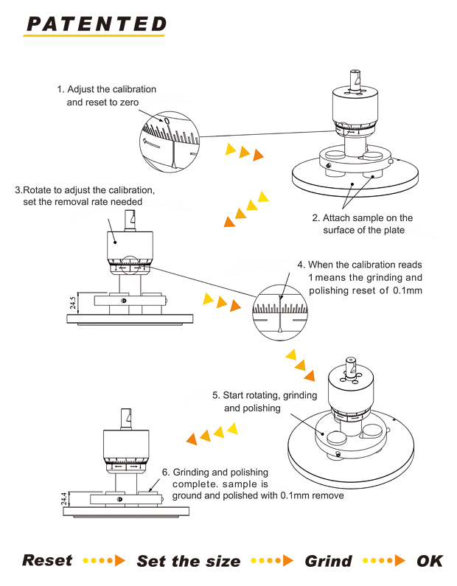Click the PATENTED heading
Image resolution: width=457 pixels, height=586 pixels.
[96, 24]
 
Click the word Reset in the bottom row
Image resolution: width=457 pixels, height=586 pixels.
[47, 561]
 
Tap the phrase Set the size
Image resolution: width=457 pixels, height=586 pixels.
[189, 562]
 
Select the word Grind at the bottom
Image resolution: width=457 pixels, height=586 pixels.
[328, 562]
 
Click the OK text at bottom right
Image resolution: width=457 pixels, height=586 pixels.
[430, 561]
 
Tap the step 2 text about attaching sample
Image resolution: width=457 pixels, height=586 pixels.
[362, 224]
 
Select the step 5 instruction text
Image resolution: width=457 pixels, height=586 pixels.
[265, 402]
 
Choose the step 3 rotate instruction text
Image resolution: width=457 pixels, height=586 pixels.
[85, 195]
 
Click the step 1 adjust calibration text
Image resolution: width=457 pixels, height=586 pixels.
[107, 96]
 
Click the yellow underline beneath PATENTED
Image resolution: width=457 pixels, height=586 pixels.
[96, 35]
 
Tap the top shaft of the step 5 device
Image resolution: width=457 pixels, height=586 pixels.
[352, 367]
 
